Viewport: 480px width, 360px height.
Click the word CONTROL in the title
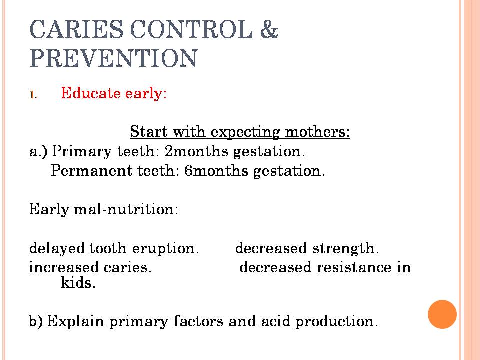pos(191,29)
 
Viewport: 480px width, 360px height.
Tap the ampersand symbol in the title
pos(269,29)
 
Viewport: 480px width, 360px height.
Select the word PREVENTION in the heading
pos(113,58)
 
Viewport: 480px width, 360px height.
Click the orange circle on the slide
pos(442,314)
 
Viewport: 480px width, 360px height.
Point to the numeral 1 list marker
pos(33,94)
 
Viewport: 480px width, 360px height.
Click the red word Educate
pos(91,93)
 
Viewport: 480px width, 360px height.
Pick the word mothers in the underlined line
pos(317,132)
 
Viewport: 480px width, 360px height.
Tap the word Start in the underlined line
pos(149,132)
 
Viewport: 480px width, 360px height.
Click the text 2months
pos(196,151)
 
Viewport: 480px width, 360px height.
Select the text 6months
pos(216,171)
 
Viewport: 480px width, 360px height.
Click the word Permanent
pos(91,171)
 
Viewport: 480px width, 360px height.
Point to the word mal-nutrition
pos(126,209)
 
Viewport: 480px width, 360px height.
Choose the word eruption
pos(165,249)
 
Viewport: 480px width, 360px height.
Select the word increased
pos(63,267)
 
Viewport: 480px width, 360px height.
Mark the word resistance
pos(353,267)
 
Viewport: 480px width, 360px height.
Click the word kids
pos(78,283)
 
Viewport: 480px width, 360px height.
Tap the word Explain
pos(75,321)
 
